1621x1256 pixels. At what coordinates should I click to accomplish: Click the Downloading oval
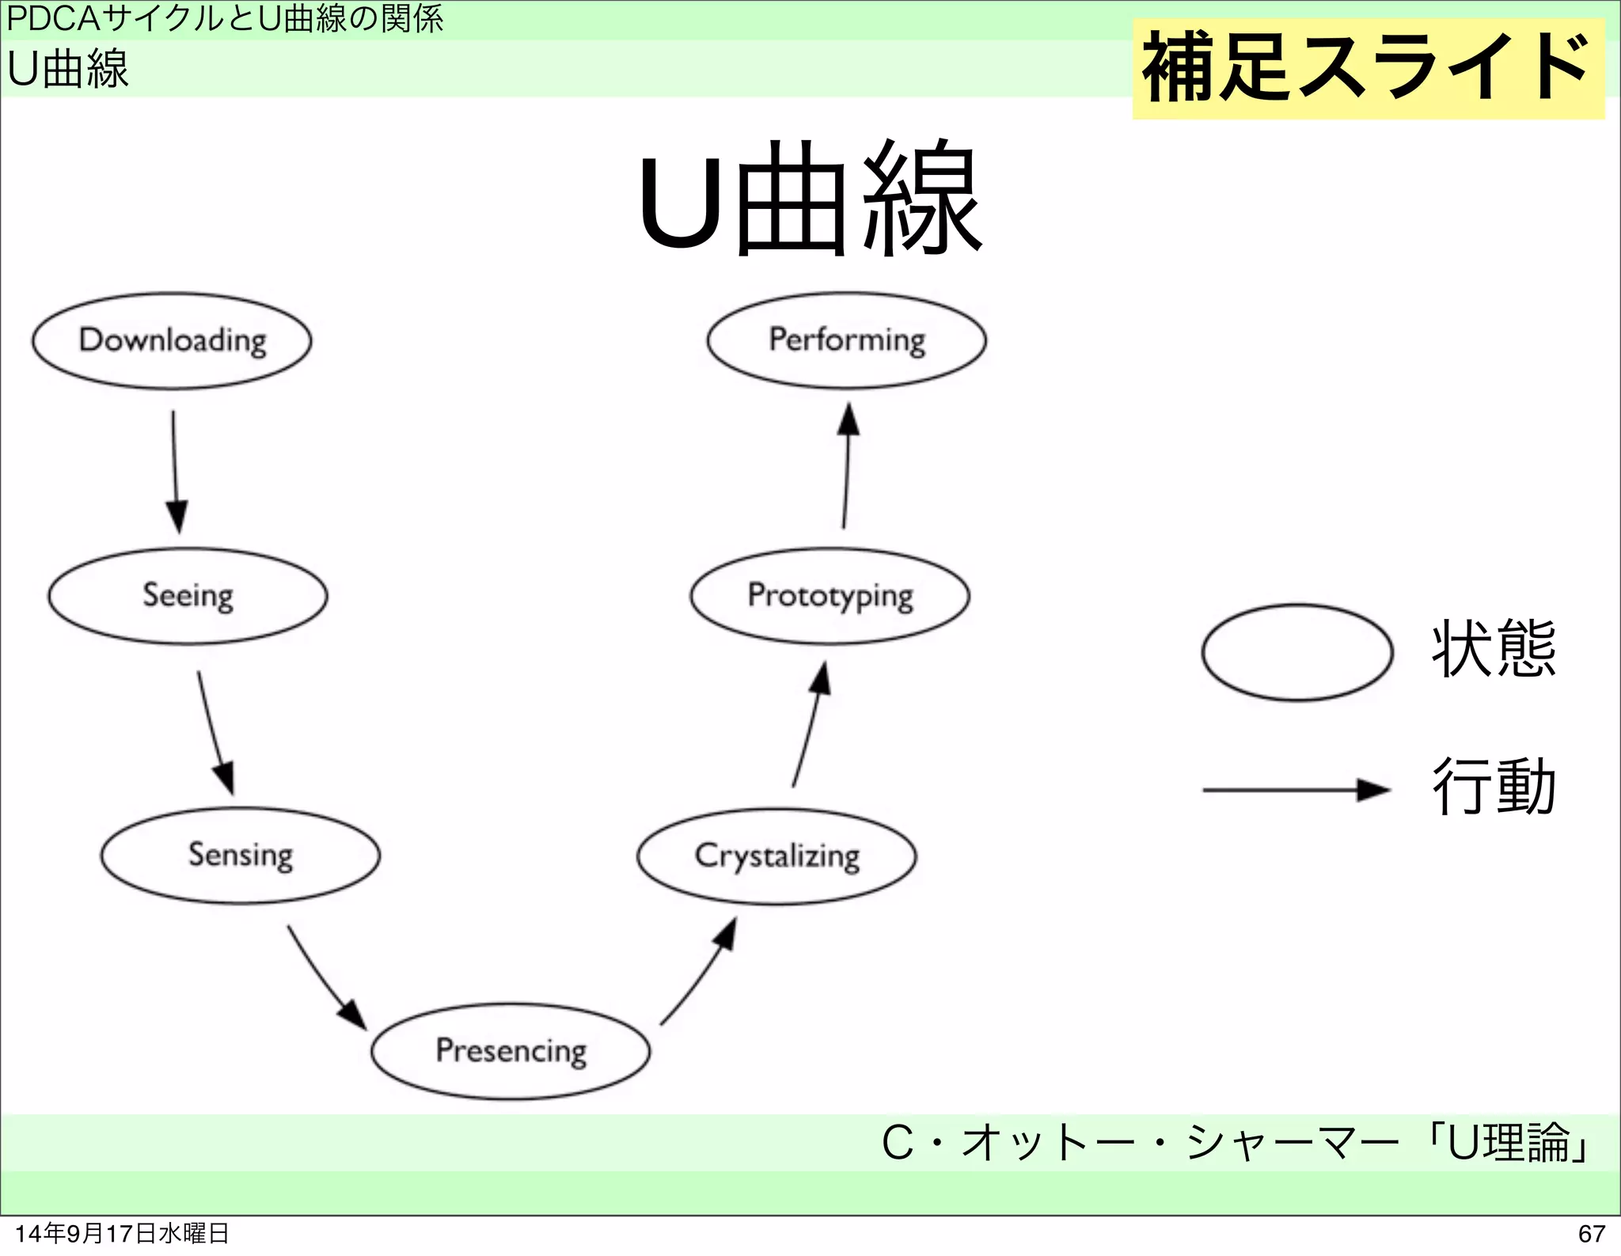[172, 341]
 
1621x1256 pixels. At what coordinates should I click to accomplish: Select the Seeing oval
[188, 596]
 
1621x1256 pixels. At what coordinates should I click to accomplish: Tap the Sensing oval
[240, 856]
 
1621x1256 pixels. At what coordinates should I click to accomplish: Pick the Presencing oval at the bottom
[511, 1051]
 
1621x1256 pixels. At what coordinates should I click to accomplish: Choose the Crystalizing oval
[776, 856]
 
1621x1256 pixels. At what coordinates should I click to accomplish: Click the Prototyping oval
[829, 596]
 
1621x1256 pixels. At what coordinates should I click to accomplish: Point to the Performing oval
[846, 340]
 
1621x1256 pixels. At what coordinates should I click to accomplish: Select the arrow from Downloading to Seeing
[176, 470]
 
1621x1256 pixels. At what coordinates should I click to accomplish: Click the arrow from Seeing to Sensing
[214, 731]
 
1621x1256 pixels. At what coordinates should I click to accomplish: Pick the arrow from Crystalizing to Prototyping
[810, 725]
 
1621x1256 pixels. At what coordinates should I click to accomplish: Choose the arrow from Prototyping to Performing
[846, 466]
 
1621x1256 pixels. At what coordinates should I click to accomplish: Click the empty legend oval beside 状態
[1296, 653]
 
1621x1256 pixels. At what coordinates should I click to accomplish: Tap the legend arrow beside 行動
[1296, 790]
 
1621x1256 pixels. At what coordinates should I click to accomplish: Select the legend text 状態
[1494, 649]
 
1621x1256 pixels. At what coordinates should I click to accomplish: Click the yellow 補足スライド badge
[1368, 69]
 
